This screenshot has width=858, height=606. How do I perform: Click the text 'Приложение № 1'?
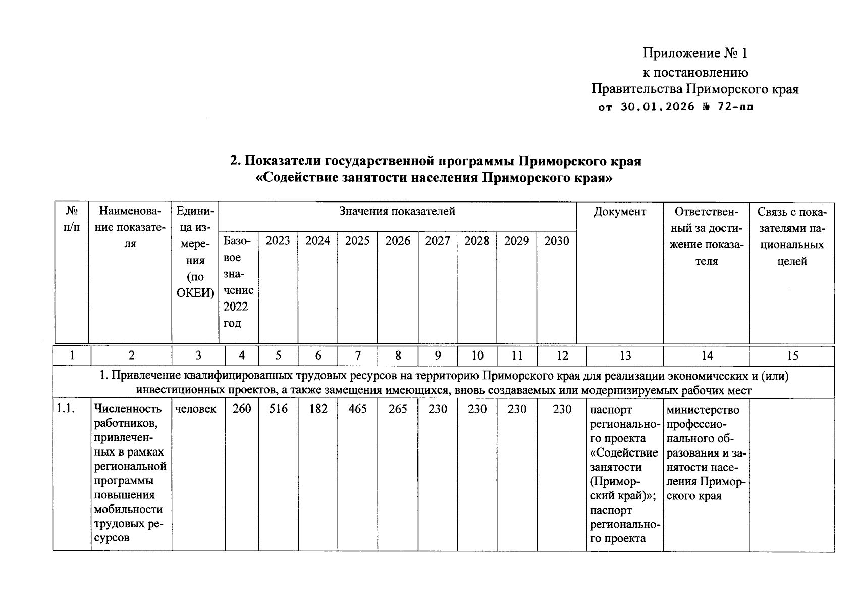(x=694, y=53)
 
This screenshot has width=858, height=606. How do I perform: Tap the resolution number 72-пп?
(x=734, y=107)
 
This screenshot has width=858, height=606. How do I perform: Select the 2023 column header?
(x=278, y=241)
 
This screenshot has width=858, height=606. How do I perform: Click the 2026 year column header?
(x=398, y=241)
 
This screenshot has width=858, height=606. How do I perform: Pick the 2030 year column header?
(x=556, y=241)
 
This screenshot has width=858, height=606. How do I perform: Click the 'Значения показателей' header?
(x=397, y=211)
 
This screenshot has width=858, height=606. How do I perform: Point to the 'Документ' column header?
(x=619, y=211)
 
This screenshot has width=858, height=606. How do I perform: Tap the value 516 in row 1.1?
(x=278, y=409)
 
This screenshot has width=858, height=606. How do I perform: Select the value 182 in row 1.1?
(x=318, y=409)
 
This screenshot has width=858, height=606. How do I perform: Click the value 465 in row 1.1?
(x=357, y=409)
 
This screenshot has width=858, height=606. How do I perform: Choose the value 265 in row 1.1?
(x=398, y=409)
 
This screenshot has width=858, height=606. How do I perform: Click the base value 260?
(x=242, y=409)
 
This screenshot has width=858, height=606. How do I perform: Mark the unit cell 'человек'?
(x=196, y=409)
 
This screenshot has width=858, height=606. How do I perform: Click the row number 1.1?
(x=66, y=409)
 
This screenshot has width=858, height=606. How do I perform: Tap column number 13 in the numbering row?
(x=625, y=356)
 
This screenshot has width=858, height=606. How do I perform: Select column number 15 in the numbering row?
(x=792, y=356)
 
